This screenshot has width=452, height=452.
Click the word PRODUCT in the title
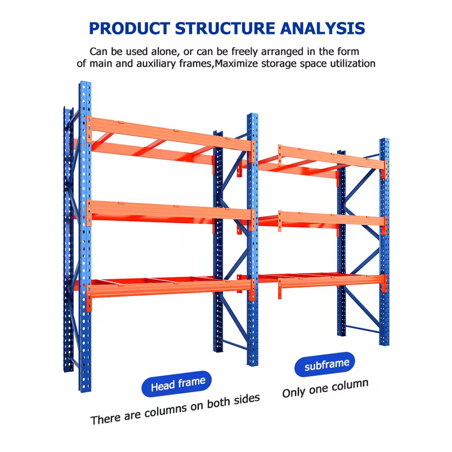(x=129, y=28)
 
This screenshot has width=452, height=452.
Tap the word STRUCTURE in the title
(x=225, y=28)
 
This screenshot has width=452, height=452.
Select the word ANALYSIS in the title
(x=323, y=28)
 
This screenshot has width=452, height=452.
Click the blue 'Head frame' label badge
(x=177, y=384)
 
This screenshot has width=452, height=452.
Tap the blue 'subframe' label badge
(x=325, y=364)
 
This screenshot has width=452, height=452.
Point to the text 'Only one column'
(x=325, y=388)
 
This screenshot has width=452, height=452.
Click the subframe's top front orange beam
(x=332, y=157)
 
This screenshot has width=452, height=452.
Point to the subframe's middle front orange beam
(x=332, y=219)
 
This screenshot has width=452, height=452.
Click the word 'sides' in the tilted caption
(x=246, y=399)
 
